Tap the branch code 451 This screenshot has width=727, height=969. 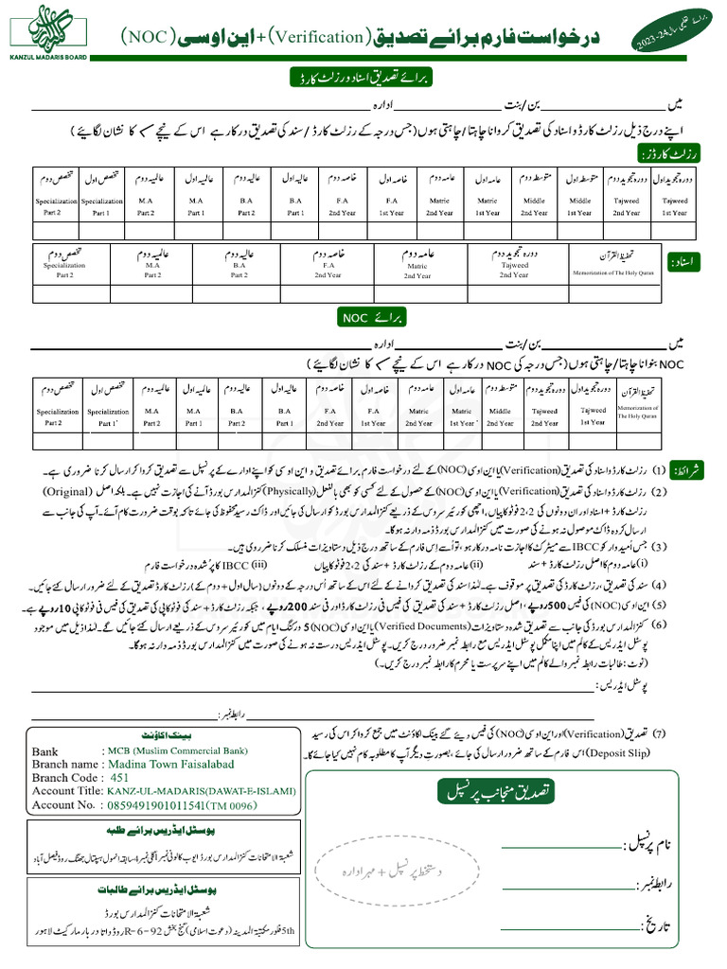(x=120, y=777)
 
